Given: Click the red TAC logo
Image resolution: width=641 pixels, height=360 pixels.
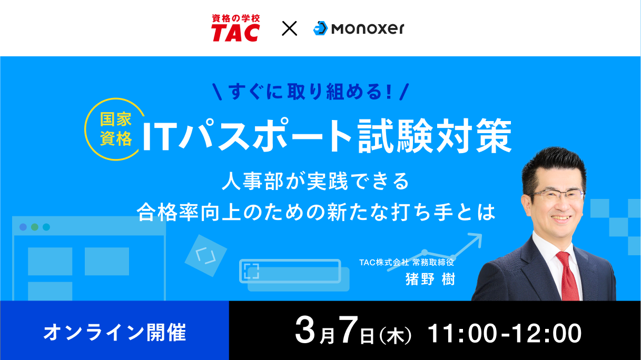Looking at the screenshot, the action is click(x=235, y=28).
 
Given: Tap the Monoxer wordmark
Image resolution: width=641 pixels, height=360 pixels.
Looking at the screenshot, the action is click(x=368, y=28).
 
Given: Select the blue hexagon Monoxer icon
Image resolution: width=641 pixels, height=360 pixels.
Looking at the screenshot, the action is click(x=320, y=28).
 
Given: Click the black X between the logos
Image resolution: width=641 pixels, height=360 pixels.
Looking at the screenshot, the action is click(x=289, y=28).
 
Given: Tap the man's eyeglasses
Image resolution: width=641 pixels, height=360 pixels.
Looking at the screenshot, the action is click(x=557, y=196).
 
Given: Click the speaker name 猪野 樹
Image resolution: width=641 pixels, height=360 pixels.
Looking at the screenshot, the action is click(x=430, y=279).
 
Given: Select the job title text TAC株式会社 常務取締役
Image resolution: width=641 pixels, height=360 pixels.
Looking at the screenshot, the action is click(x=407, y=262).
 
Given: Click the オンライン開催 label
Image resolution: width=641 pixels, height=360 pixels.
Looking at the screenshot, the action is click(x=114, y=333).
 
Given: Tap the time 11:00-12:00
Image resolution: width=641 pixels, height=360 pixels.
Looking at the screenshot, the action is click(x=504, y=333).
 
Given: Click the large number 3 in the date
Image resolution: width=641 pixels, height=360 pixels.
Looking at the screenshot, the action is click(x=305, y=330).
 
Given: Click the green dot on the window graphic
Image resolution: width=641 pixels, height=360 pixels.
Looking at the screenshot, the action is click(x=35, y=227).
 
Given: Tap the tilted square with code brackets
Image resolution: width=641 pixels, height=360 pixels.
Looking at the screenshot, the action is click(x=206, y=256).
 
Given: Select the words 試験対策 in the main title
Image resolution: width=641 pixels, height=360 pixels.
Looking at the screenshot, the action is click(x=435, y=136).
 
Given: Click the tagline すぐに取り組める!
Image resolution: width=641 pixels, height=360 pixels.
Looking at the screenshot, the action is click(x=310, y=92).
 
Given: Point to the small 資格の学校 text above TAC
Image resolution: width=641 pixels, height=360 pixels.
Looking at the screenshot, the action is click(x=236, y=18).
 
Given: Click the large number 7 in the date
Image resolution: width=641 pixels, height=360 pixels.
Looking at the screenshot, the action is click(x=348, y=330).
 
